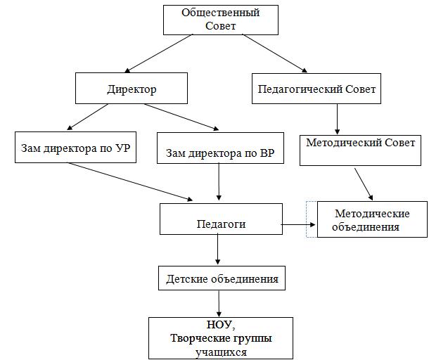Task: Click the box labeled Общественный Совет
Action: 221,20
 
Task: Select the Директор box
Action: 132,88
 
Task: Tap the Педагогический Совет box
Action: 316,89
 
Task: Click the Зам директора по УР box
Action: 75,148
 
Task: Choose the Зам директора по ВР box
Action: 220,148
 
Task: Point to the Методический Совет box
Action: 360,150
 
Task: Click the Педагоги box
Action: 221,219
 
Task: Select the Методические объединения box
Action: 372,219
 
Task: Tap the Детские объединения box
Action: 222,278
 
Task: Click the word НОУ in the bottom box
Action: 219,325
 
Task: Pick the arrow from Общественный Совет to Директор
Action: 158,53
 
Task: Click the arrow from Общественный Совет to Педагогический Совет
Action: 275,53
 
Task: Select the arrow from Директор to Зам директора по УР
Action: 87,117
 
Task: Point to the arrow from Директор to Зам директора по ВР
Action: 181,117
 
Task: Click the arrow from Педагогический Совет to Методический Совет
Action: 337,119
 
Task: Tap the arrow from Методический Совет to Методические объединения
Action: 364,184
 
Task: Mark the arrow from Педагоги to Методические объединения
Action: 299,225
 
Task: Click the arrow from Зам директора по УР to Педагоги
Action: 130,182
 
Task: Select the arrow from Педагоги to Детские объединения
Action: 218,249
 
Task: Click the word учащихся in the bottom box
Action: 221,352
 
